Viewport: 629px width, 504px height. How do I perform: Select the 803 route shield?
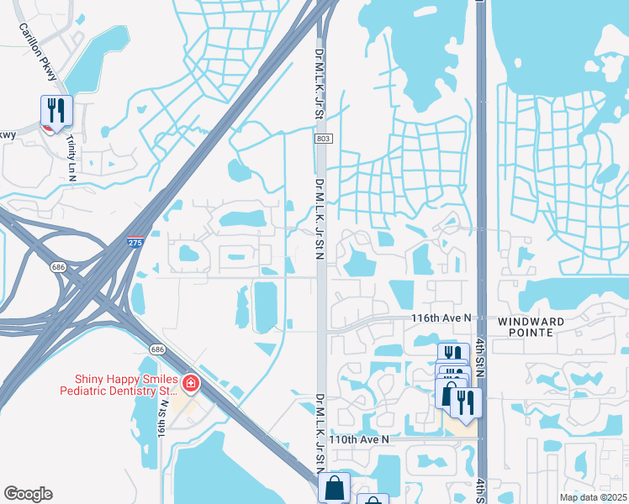322,139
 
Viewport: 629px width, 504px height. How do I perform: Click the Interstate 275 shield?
135,242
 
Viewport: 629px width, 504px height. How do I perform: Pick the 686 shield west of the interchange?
57,266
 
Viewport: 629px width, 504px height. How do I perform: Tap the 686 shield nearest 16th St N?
157,348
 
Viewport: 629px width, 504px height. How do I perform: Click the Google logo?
28,494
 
